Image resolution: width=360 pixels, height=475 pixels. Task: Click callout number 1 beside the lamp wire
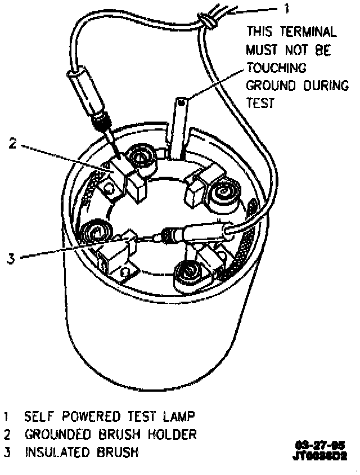[286, 9]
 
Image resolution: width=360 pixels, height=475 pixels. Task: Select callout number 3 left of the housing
[10, 259]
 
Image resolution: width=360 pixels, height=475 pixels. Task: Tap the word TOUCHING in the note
[276, 68]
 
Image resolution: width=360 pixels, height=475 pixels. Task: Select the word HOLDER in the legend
[170, 434]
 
